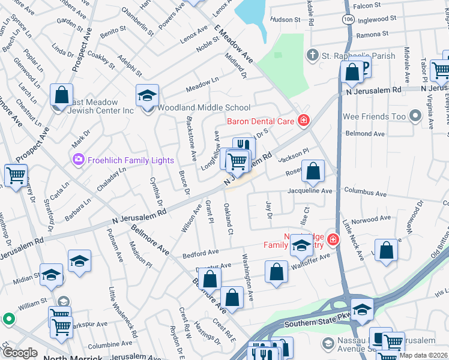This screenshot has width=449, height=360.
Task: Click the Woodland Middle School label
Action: [203, 108]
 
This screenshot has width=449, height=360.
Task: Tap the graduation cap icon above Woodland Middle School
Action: [146, 95]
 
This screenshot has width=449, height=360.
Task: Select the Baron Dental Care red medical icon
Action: [304, 121]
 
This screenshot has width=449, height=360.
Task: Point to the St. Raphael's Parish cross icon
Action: [312, 56]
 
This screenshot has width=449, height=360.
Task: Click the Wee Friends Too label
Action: [373, 116]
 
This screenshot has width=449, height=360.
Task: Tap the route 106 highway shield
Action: [348, 19]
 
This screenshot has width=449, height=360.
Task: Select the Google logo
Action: [20, 353]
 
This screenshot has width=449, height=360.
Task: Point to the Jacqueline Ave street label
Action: [310, 191]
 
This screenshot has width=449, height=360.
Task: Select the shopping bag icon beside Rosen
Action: [313, 172]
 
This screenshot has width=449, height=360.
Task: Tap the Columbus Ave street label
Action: [366, 193]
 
